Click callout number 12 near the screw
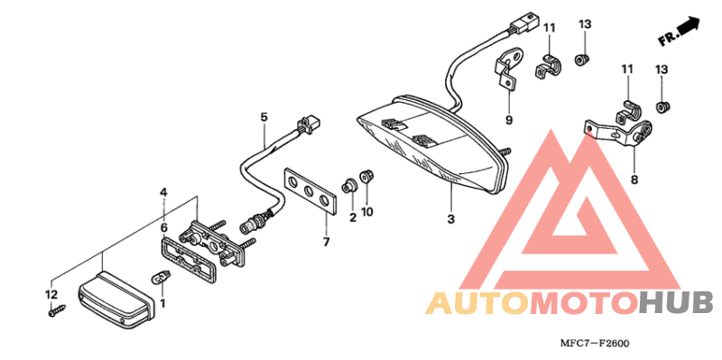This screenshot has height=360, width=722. click(51, 295)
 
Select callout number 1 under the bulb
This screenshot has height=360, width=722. click(163, 303)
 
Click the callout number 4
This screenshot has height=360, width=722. click(163, 192)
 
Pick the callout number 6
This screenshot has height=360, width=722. click(163, 229)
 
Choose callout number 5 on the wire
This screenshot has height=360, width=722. click(264, 117)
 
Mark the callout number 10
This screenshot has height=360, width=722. click(368, 213)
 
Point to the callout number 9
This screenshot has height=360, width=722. click(508, 120)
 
